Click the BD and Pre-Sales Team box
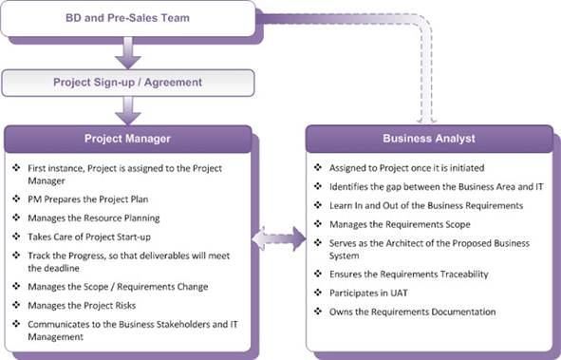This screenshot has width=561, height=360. (x=128, y=17)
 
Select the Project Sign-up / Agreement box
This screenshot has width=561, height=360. (x=128, y=82)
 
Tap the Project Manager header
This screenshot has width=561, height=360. (x=128, y=138)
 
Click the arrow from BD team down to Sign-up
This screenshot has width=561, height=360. (x=127, y=49)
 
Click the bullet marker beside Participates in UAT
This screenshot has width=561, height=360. (x=320, y=294)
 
